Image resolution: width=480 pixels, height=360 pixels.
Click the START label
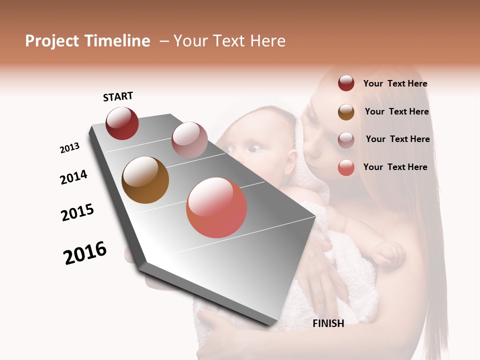[118, 96]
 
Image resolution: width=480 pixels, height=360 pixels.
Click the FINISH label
[328, 323]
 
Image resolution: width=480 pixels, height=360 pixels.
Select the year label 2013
[69, 148]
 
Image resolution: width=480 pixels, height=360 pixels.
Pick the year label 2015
[77, 212]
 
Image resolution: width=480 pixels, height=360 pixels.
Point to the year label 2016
[85, 253]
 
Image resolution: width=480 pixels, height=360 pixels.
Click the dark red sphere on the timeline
[122, 123]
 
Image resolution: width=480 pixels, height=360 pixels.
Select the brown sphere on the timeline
[145, 180]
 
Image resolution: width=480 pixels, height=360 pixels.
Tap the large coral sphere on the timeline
[216, 207]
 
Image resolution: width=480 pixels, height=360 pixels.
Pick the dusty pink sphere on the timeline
[189, 140]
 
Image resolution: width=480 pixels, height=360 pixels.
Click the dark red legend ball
[346, 83]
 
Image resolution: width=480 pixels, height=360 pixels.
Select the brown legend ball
[346, 112]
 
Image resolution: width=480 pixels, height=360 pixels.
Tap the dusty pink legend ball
[346, 139]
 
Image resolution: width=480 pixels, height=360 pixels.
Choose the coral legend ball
[346, 167]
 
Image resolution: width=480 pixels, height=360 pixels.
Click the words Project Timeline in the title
[87, 41]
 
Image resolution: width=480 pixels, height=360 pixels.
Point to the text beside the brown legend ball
[396, 111]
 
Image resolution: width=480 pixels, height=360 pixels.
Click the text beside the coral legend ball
[395, 167]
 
